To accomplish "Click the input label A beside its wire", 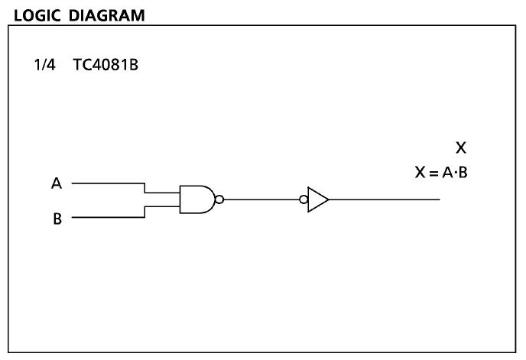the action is point(56,183).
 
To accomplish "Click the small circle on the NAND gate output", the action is point(219,200).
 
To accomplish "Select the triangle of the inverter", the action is point(317,200).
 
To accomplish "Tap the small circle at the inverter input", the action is point(304,200).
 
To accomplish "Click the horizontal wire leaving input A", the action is point(107,183).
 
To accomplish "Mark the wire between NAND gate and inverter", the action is point(260,200).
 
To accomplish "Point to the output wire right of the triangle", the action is point(382,200).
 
